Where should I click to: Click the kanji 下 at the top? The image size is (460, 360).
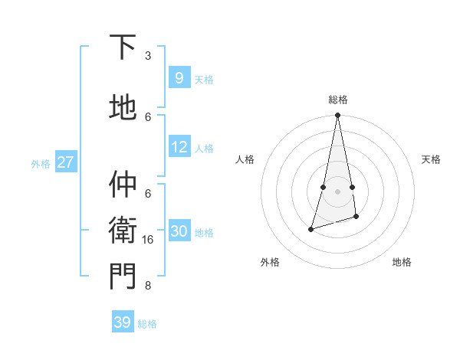coord(123,47)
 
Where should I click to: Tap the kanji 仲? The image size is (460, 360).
coord(123,184)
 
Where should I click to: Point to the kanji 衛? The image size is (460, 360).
coord(123,230)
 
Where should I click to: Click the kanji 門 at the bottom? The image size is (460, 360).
coord(123,276)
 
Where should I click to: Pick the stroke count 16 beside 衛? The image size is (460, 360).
coord(148,240)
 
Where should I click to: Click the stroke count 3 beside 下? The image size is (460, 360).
coord(148,56)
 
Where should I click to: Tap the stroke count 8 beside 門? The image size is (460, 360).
coord(148,286)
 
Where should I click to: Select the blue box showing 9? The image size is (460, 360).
coord(179,77)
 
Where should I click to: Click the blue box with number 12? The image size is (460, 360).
coord(179,147)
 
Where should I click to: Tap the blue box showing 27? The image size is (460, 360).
coord(66,162)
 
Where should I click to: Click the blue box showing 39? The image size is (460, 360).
coord(122,322)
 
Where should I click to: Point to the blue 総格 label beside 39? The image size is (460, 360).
coord(147,324)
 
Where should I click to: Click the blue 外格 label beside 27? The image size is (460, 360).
coord(41,164)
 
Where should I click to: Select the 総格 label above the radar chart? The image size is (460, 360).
coord(337,100)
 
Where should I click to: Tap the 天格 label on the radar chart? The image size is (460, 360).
coord(431,159)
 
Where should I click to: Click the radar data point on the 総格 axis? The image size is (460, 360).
coord(337,116)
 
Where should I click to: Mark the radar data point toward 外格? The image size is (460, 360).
coord(310,229)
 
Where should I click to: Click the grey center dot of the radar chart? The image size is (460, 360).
coord(337,191)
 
